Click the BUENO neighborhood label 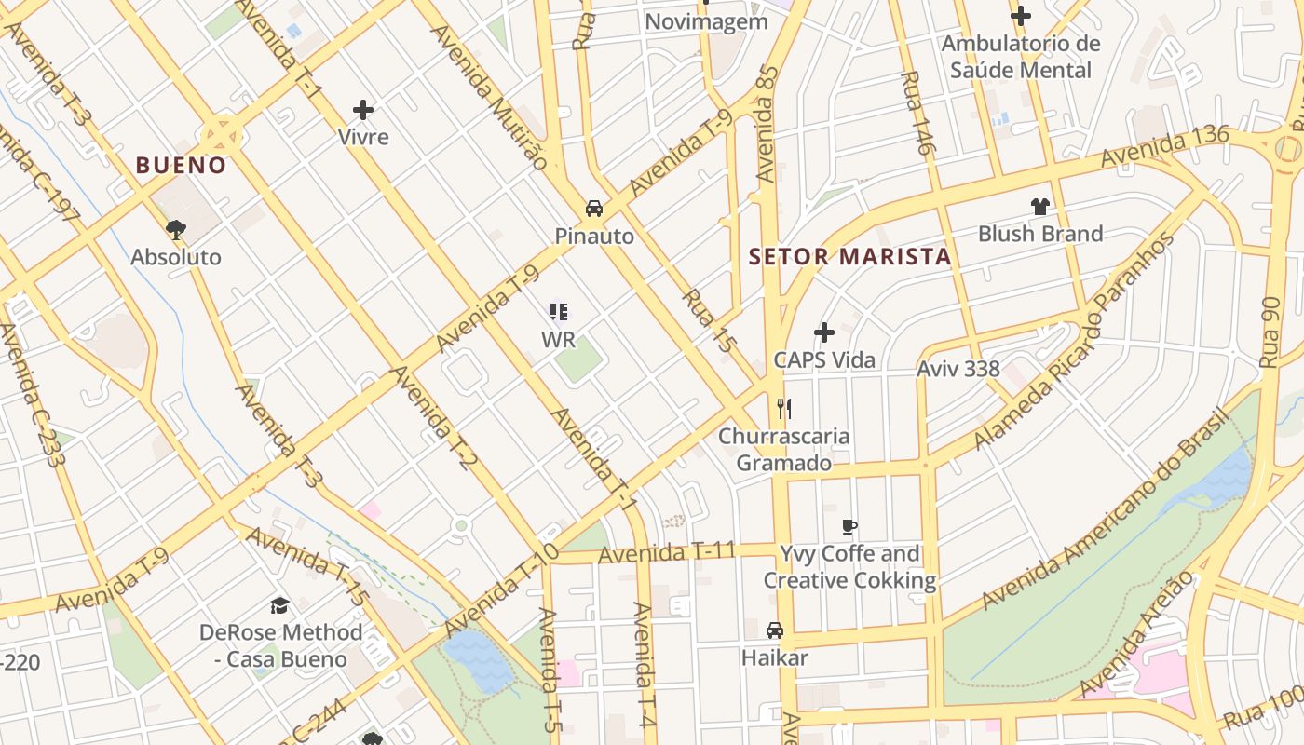click(181, 166)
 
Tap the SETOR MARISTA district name click(850, 257)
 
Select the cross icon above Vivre click(363, 111)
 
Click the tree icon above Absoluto click(175, 229)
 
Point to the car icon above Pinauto click(593, 209)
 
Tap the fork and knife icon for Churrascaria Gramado click(784, 408)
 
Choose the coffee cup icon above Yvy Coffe click(849, 526)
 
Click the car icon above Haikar click(774, 630)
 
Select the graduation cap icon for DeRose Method click(279, 606)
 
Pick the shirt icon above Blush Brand click(1039, 207)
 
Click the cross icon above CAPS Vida click(824, 332)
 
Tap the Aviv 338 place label click(958, 369)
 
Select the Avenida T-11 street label click(667, 553)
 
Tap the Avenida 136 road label click(1164, 147)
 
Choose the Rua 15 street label click(709, 321)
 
